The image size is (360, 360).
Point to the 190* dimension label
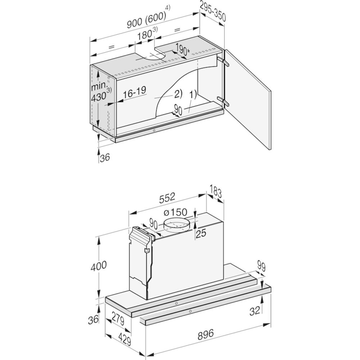point(183,50)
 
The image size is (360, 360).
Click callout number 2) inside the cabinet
point(178,94)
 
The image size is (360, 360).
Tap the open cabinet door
point(248,99)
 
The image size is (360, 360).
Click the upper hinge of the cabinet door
point(222,61)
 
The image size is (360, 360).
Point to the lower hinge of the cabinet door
point(222,101)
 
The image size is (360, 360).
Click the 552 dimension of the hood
point(167,198)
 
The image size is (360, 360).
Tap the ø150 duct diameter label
point(175,212)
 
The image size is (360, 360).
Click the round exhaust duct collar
point(176,225)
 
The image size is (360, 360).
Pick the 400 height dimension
point(99,266)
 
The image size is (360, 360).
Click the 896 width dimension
point(206,334)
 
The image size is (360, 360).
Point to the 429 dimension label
point(125,338)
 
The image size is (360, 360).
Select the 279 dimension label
point(118,318)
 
